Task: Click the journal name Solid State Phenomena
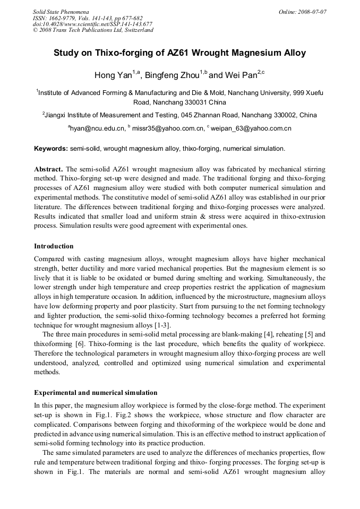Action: pos(61,11)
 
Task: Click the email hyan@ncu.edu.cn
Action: pos(98,128)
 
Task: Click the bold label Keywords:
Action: pos(51,149)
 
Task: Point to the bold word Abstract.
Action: pos(49,169)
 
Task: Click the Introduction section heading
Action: pos(54,246)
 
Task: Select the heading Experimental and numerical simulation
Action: pos(96,393)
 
